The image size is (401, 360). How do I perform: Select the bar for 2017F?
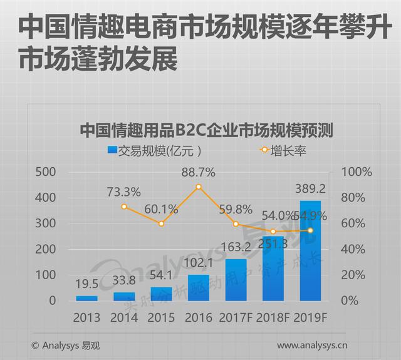point(236,279)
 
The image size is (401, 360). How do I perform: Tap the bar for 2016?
point(199,287)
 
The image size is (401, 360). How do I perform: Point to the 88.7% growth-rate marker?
point(199,187)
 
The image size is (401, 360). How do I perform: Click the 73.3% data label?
point(123,192)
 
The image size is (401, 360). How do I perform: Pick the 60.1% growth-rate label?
point(161,208)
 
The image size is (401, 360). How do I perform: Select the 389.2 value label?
point(310,188)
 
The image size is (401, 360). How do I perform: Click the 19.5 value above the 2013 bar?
point(86,283)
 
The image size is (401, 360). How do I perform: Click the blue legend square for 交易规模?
point(112,150)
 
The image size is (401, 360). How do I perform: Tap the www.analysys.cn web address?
point(313,345)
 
